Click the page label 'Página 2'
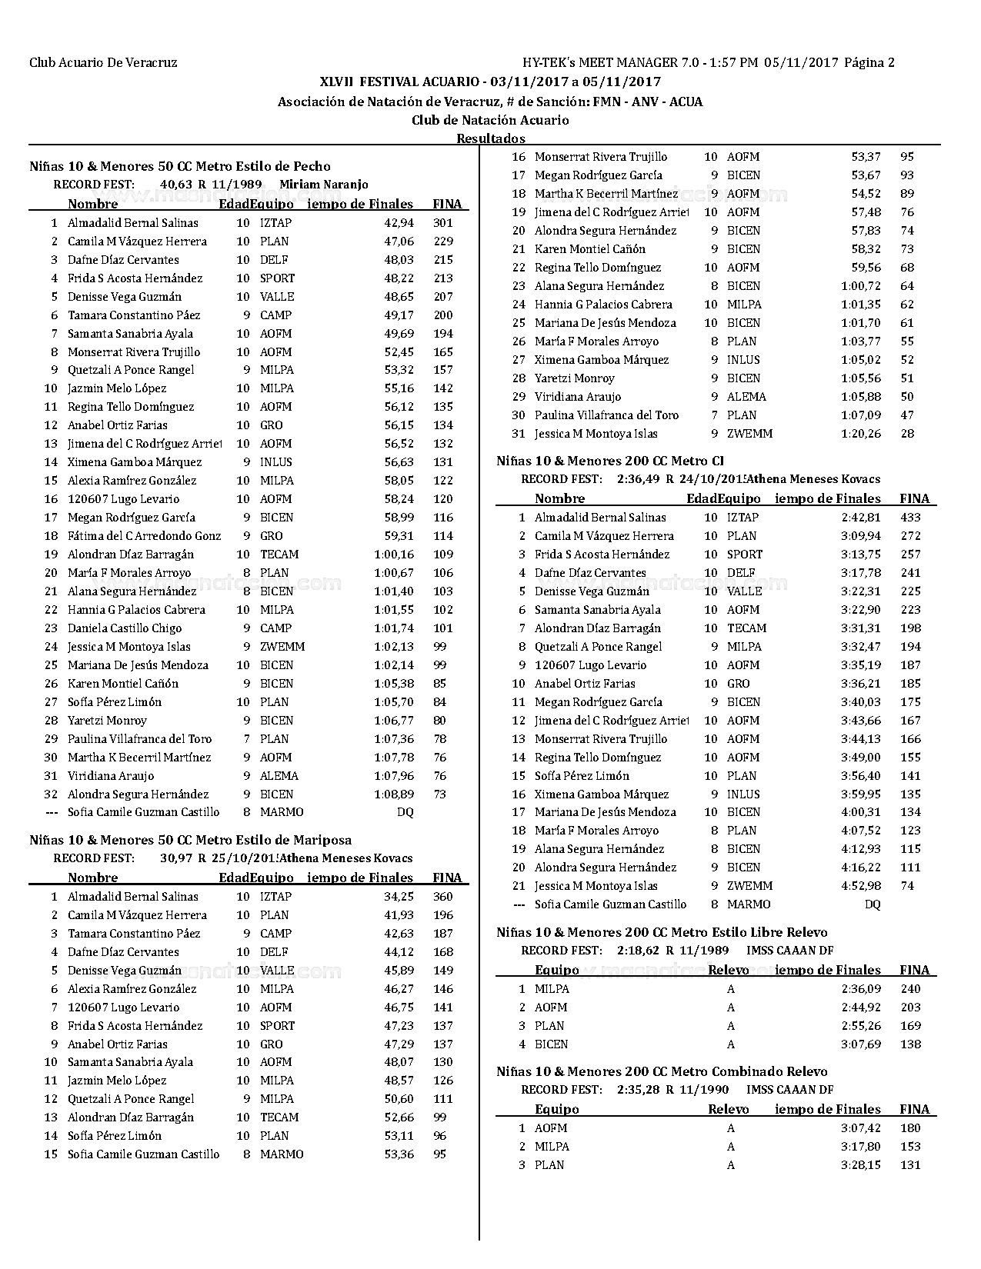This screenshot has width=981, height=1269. click(869, 63)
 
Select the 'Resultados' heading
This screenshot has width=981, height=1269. click(491, 138)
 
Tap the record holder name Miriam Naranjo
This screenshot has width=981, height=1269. click(323, 185)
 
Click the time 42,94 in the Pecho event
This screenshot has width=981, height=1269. click(399, 223)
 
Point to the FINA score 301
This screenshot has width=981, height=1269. click(442, 223)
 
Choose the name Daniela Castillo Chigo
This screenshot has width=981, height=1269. click(125, 628)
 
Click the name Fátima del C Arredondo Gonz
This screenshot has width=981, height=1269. click(144, 536)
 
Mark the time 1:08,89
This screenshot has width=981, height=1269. click(393, 794)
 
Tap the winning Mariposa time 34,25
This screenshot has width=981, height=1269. click(399, 897)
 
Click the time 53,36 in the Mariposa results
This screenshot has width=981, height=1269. click(399, 1154)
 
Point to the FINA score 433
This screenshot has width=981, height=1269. click(910, 518)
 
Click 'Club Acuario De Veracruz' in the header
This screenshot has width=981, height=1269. click(103, 63)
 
